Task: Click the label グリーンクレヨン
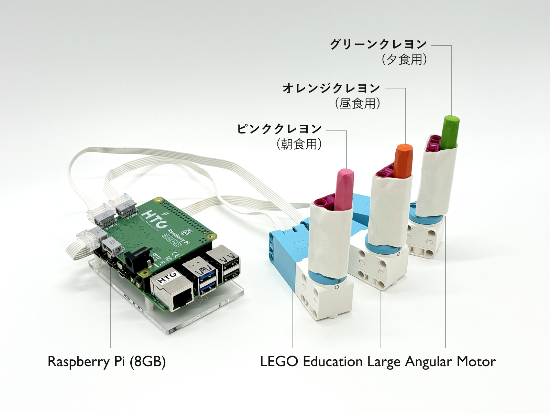(378, 44)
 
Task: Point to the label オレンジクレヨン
(331, 88)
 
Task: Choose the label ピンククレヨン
(279, 129)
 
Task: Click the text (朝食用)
(299, 144)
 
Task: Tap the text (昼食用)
(357, 103)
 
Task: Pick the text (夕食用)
(404, 60)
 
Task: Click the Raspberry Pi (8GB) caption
(107, 362)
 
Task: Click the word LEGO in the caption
(279, 362)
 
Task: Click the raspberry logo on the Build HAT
(187, 231)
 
